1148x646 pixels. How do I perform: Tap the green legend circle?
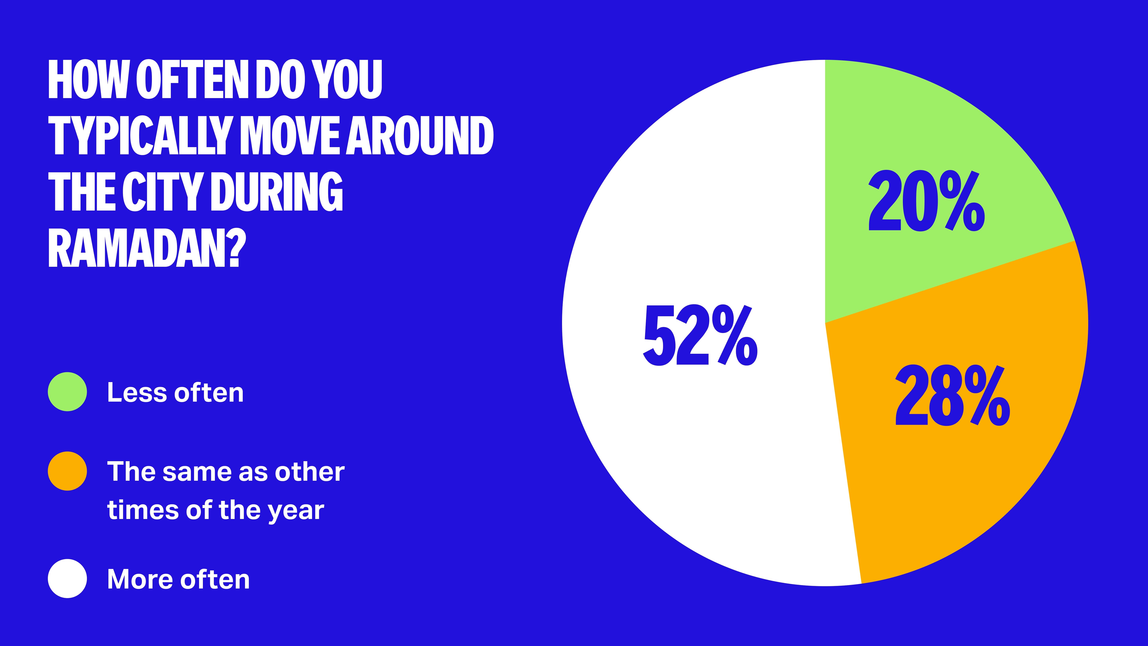tap(67, 392)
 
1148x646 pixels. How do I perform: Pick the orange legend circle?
tap(67, 471)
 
